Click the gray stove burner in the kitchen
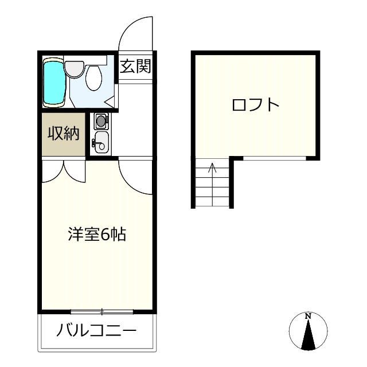tap(101, 120)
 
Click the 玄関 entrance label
tap(135, 67)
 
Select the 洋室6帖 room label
tap(97, 235)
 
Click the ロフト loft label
tap(255, 105)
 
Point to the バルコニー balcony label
tap(96, 331)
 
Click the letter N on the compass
tap(308, 316)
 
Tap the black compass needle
tap(309, 335)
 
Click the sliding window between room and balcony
tap(101, 312)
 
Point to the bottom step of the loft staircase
tap(212, 204)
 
